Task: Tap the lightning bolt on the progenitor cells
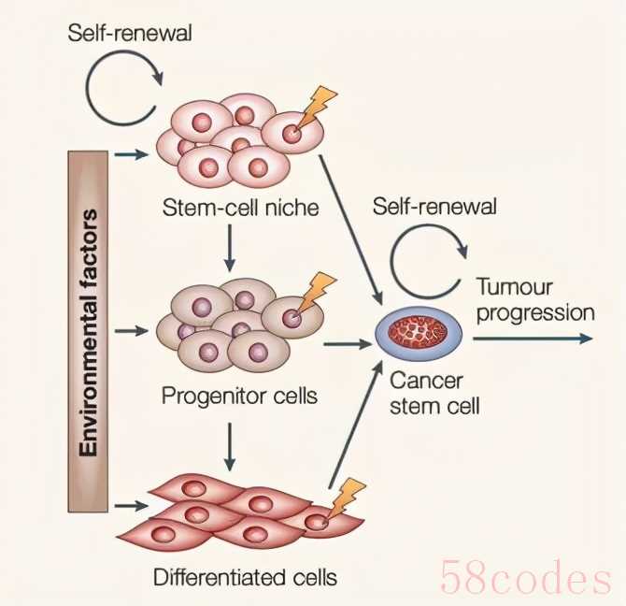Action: [x=321, y=288]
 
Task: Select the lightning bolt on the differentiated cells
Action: [x=349, y=496]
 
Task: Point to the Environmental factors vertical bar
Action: [x=88, y=333]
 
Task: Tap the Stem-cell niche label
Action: [x=239, y=208]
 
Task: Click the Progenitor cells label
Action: [x=239, y=396]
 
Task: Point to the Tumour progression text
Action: [x=534, y=299]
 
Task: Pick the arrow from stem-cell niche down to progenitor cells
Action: [x=229, y=247]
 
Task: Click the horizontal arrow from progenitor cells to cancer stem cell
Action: [x=348, y=344]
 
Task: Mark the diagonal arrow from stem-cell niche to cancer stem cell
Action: [x=351, y=225]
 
